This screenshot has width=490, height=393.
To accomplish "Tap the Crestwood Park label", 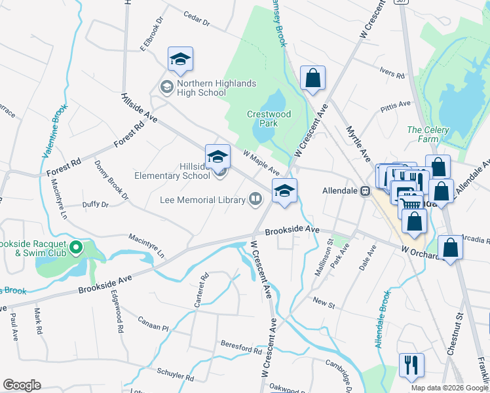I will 269,119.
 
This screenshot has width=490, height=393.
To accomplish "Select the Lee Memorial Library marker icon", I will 255,199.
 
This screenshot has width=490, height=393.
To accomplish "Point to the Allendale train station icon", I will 366,191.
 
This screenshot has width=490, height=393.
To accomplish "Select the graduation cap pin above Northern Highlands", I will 180,58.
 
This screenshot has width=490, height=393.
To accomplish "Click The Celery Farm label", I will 428,134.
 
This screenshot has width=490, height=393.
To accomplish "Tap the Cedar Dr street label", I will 197,19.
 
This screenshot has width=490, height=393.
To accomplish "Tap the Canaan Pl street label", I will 153,323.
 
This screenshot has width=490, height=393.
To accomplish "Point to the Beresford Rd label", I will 241,346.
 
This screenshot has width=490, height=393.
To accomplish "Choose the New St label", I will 324,302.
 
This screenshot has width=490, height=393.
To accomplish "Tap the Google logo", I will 22,385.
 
